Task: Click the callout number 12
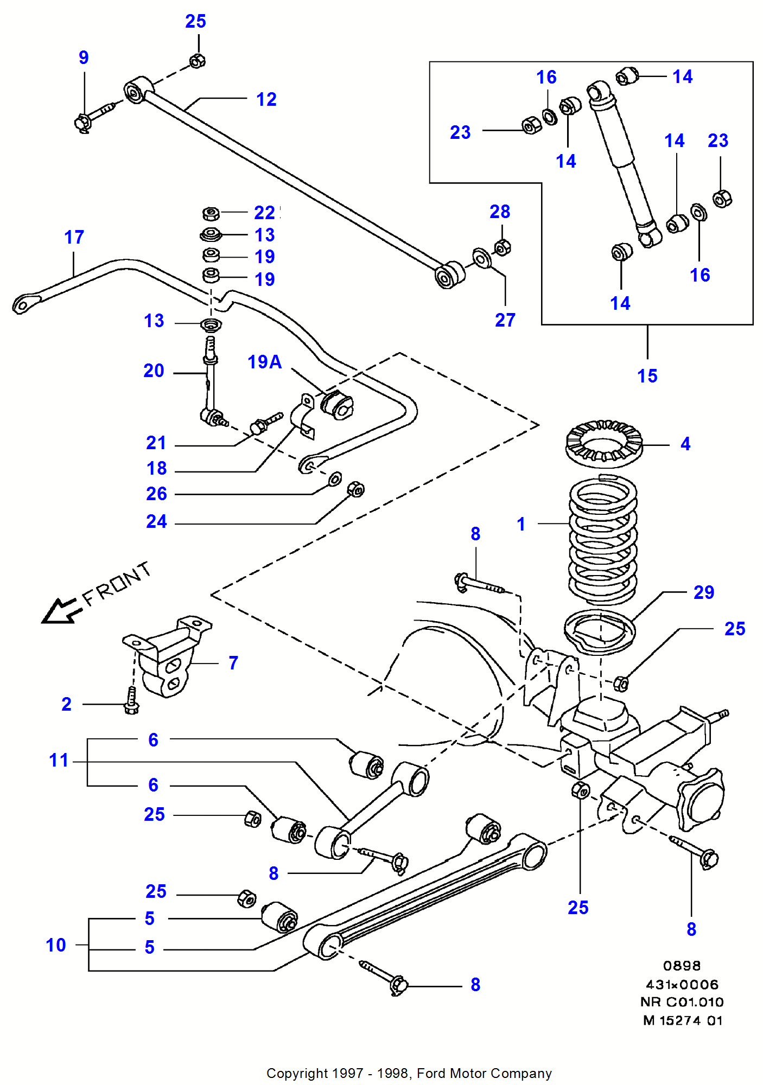coord(266,99)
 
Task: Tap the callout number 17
coord(74,237)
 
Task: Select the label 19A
coord(264,362)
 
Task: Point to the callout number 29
coord(704,592)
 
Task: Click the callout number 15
coord(647,376)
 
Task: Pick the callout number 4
coord(685,444)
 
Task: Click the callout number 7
coord(233,663)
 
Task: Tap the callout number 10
coord(56,945)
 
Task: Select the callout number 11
coord(59,760)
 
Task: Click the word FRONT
coord(117,584)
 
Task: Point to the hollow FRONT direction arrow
coord(61,611)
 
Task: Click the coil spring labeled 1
coord(602,540)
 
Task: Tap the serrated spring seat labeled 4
coord(604,444)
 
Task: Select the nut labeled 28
coord(503,248)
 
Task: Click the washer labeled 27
coord(481,258)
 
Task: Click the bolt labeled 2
coord(131,701)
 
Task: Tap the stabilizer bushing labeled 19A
coord(337,405)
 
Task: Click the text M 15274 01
coord(683,1020)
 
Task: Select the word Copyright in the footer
coord(297,1074)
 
